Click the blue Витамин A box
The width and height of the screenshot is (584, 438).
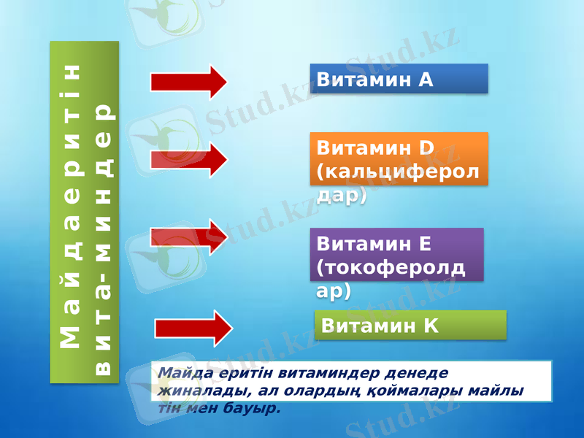[x=399, y=79]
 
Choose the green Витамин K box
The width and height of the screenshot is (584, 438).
[x=410, y=325]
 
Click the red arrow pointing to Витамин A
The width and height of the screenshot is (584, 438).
[x=189, y=81]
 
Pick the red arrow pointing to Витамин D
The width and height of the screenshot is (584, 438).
[x=189, y=159]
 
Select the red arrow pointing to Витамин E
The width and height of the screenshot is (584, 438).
[x=189, y=237]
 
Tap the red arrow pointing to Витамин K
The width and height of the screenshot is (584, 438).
[x=193, y=328]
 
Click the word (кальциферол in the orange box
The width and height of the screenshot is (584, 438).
[x=398, y=172]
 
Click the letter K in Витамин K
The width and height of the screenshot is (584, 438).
[x=431, y=326]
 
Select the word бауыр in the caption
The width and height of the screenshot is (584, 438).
[x=258, y=408]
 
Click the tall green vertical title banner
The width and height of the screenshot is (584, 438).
[x=84, y=212]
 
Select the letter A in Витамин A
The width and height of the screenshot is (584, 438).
[x=426, y=80]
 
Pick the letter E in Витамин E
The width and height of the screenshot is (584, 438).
[x=425, y=243]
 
